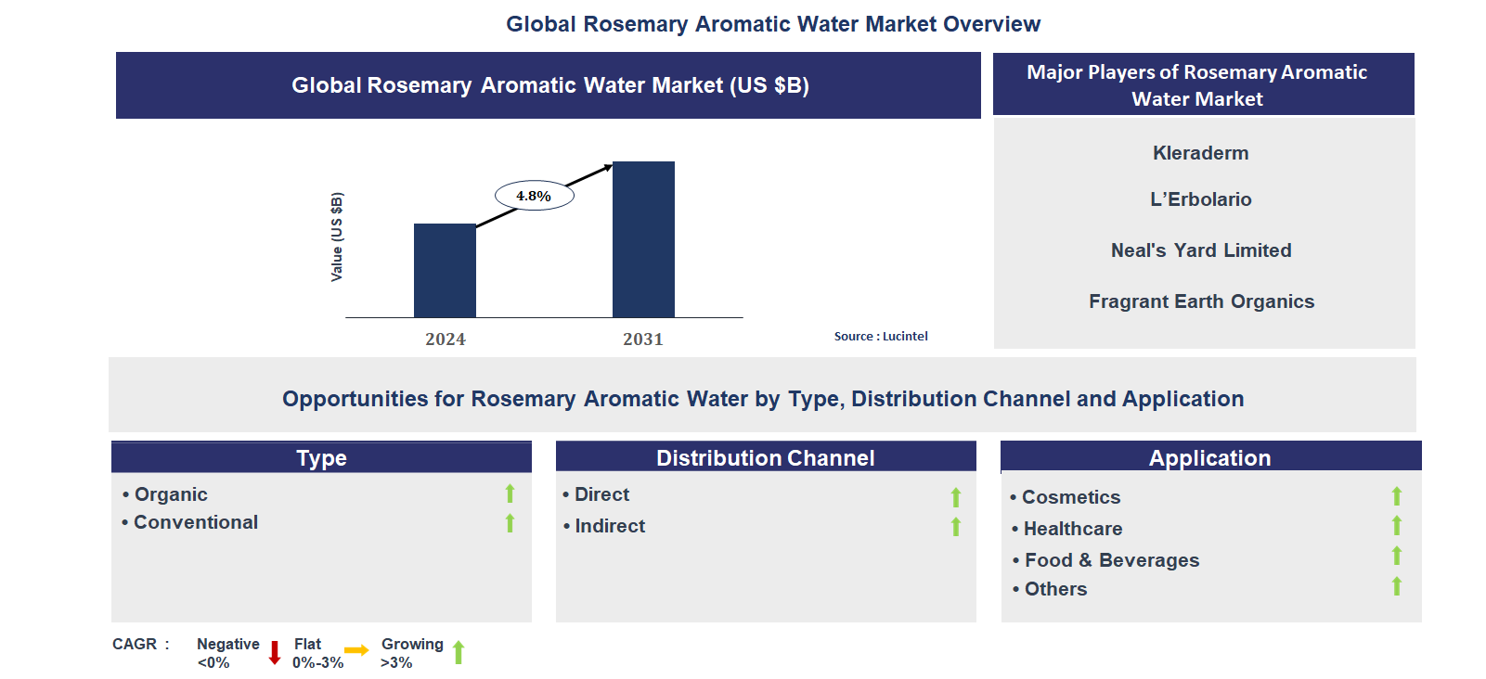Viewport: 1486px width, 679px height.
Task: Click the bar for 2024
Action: pyautogui.click(x=445, y=271)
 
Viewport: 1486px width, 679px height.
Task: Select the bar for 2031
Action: pyautogui.click(x=643, y=239)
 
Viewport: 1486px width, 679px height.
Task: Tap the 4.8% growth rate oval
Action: pyautogui.click(x=534, y=196)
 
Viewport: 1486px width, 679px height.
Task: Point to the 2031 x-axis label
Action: pyautogui.click(x=643, y=339)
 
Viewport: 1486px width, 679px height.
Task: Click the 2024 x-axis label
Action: pyautogui.click(x=446, y=339)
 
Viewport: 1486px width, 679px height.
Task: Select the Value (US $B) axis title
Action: pyautogui.click(x=337, y=237)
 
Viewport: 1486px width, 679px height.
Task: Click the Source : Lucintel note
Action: pyautogui.click(x=881, y=337)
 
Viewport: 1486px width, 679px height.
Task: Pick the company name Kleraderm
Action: pyautogui.click(x=1200, y=153)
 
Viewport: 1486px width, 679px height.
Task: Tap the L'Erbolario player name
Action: pyautogui.click(x=1200, y=199)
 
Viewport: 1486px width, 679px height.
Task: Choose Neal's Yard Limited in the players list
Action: pyautogui.click(x=1201, y=250)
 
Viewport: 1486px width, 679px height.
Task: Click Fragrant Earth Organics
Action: pyautogui.click(x=1201, y=301)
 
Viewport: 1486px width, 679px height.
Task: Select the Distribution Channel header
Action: pyautogui.click(x=765, y=458)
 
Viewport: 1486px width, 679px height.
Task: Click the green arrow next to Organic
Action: pyautogui.click(x=510, y=493)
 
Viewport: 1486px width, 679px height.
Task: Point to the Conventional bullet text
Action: pyautogui.click(x=196, y=522)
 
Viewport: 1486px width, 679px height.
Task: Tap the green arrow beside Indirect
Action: pyautogui.click(x=956, y=527)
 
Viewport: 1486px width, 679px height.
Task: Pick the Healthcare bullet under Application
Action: pyautogui.click(x=1073, y=529)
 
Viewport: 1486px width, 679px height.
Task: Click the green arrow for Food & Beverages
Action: pyautogui.click(x=1397, y=556)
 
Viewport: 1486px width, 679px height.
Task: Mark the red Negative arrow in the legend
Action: pyautogui.click(x=275, y=652)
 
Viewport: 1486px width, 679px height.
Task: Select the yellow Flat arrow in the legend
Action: pyautogui.click(x=356, y=650)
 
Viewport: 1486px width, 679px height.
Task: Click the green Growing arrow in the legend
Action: pyautogui.click(x=459, y=652)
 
